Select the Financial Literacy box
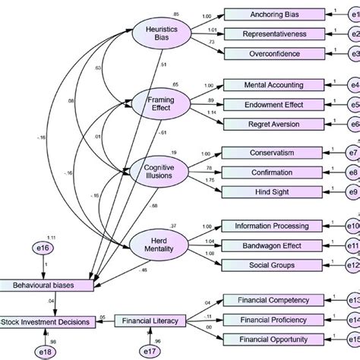pos(150,321)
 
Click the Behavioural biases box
pos(47,285)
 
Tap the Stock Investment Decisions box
pos(47,322)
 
